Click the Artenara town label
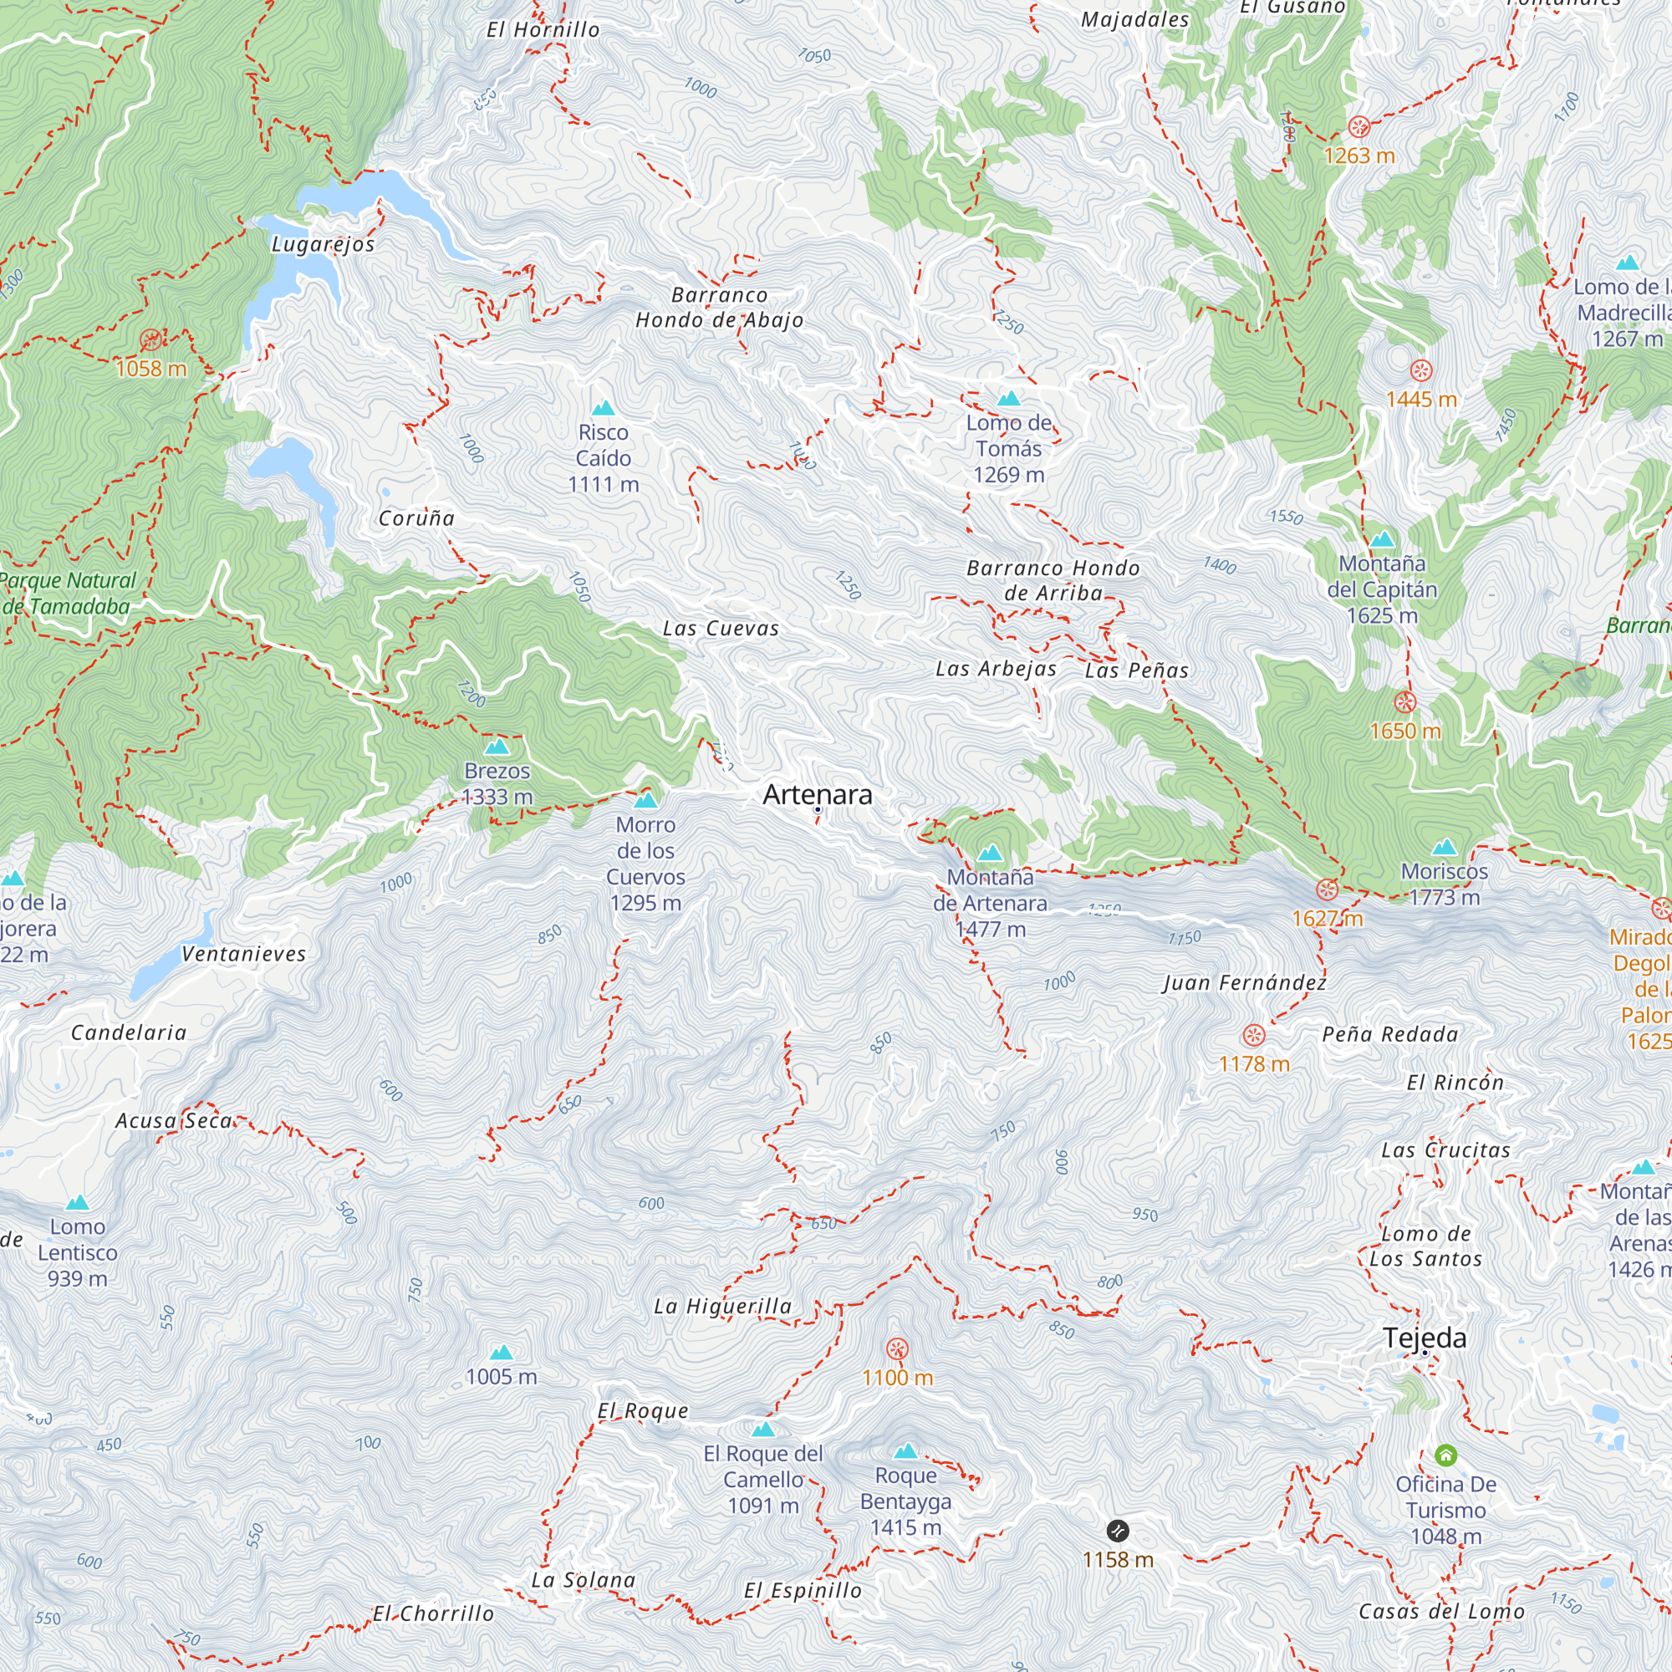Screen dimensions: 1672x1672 pyautogui.click(x=817, y=794)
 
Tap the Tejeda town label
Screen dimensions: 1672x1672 pyautogui.click(x=1425, y=1338)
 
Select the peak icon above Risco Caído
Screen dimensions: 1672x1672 pyautogui.click(x=604, y=408)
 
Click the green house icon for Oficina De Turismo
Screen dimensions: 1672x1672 pyautogui.click(x=1445, y=1455)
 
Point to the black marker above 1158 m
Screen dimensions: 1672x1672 pyautogui.click(x=1117, y=1530)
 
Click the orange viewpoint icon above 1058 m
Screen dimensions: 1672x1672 pyautogui.click(x=150, y=339)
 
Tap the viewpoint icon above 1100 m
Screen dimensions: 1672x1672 pyautogui.click(x=897, y=1348)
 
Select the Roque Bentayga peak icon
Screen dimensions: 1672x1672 pyautogui.click(x=905, y=1451)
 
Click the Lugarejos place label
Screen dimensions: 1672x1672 pyautogui.click(x=323, y=244)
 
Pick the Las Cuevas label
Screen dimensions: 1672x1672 pyautogui.click(x=720, y=630)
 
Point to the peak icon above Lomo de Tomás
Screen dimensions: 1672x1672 pyautogui.click(x=1008, y=399)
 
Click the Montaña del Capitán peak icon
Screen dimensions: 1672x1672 pyautogui.click(x=1382, y=539)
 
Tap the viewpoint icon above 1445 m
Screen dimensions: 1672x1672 pyautogui.click(x=1421, y=370)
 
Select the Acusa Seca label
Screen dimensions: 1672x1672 pyautogui.click(x=175, y=1121)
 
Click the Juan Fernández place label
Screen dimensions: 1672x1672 pyautogui.click(x=1244, y=982)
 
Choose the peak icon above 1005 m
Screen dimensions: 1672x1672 pyautogui.click(x=501, y=1352)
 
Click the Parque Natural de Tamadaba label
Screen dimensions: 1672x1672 pyautogui.click(x=68, y=593)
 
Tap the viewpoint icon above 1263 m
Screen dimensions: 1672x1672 pyautogui.click(x=1358, y=127)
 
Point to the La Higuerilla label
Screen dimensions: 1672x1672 pyautogui.click(x=722, y=1306)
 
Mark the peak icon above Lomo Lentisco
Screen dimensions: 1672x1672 pyautogui.click(x=78, y=1202)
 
